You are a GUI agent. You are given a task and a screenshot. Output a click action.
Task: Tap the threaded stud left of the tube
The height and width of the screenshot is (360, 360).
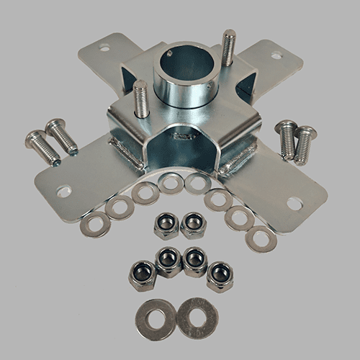pos(141,99)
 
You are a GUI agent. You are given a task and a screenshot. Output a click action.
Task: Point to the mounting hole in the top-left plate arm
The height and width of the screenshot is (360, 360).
pos(104,48)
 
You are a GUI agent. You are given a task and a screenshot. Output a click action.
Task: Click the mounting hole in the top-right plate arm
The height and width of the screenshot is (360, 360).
pos(276,54)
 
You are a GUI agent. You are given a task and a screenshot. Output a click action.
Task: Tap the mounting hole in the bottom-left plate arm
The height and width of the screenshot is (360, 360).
pos(64,192)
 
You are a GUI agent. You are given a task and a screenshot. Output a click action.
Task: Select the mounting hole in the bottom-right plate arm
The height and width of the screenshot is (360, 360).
pos(294,203)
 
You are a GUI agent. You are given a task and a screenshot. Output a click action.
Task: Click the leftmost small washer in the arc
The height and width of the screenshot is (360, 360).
pos(94,225)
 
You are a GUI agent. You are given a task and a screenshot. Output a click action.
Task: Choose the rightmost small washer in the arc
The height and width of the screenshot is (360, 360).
pos(261,238)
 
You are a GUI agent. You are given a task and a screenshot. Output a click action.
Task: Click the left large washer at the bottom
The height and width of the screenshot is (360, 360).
pos(155,318)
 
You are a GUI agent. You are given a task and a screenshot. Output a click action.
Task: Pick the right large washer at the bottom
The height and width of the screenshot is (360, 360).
pos(197,317)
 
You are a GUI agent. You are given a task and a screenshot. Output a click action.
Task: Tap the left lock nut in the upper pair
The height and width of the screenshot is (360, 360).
pos(166,226)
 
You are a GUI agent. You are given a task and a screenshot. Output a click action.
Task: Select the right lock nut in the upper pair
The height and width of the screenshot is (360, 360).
pos(193,225)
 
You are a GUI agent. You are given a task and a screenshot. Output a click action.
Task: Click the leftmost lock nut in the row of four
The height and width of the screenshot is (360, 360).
pos(143,274)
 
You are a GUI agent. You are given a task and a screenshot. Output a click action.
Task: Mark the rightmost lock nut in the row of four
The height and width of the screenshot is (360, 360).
pos(220,276)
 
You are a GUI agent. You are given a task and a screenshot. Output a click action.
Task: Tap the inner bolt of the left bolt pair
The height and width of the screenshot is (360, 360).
pos(62,137)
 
